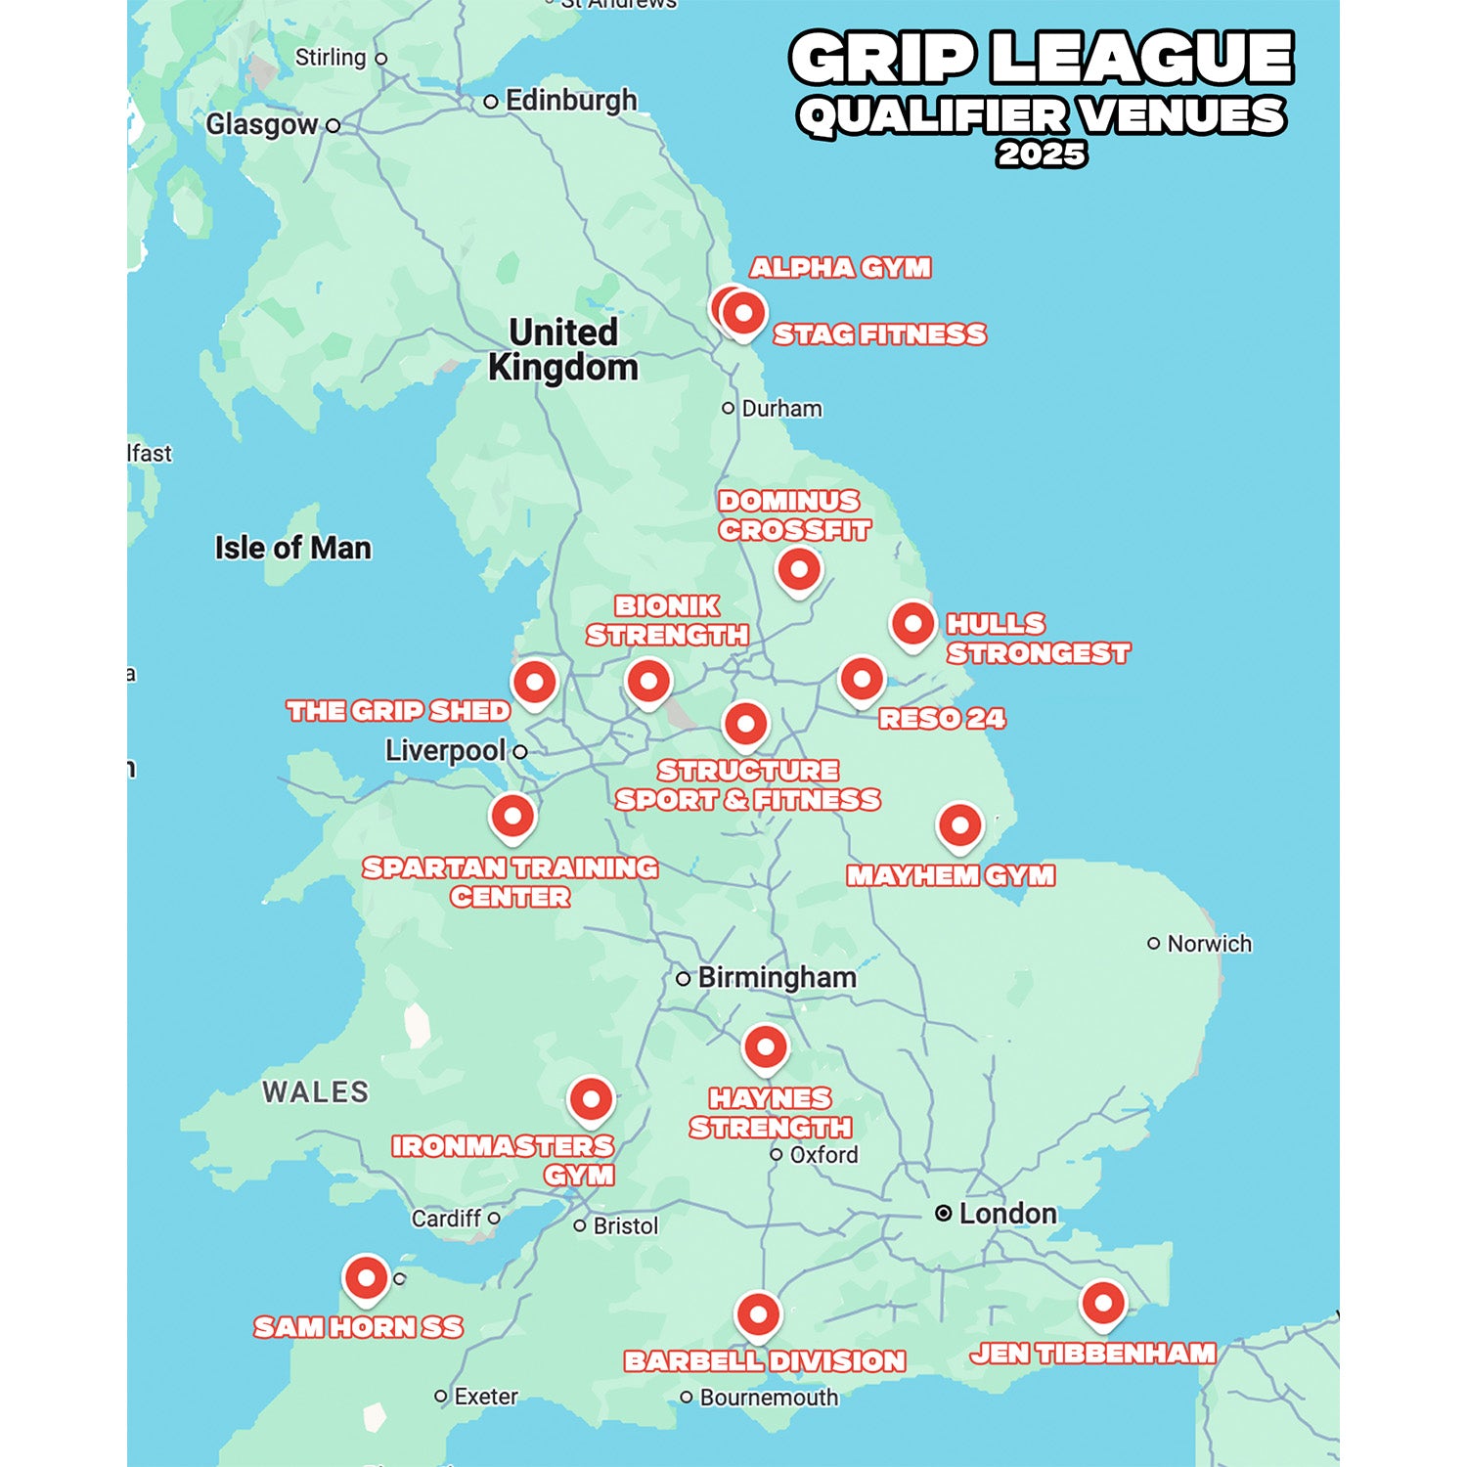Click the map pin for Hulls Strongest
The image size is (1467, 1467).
tap(912, 623)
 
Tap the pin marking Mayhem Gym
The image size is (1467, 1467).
tap(959, 826)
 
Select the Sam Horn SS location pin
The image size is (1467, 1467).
tap(366, 1278)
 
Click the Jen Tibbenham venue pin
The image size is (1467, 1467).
tap(1103, 1303)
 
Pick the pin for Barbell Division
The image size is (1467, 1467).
tap(758, 1315)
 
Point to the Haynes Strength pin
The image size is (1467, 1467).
tap(766, 1047)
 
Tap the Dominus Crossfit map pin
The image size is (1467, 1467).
tap(799, 569)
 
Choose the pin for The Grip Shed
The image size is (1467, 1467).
tap(535, 682)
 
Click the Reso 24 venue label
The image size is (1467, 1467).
tap(942, 719)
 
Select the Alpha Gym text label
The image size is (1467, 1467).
tap(840, 268)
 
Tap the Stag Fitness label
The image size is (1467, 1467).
tap(879, 334)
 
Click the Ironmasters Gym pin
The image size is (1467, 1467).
tap(591, 1100)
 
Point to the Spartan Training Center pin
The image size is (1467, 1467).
tap(512, 816)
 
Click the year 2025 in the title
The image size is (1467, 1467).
tap(1042, 155)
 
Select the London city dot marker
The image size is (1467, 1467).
tap(943, 1214)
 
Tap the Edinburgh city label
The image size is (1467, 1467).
tap(570, 101)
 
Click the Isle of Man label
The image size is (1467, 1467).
tap(293, 548)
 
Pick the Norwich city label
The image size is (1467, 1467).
tap(1209, 944)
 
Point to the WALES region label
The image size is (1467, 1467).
tap(315, 1091)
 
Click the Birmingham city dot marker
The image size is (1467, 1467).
tap(684, 978)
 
